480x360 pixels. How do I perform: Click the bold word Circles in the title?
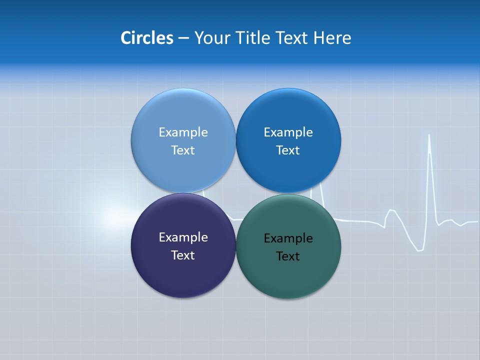click(147, 38)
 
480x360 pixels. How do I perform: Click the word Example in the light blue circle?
click(183, 132)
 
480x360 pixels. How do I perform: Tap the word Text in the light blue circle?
click(183, 150)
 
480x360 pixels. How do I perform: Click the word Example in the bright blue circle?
click(288, 132)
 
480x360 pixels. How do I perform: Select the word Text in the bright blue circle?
click(288, 150)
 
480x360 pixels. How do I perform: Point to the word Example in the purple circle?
click(183, 237)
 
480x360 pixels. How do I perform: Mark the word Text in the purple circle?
click(183, 255)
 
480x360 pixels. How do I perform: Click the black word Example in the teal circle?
click(288, 238)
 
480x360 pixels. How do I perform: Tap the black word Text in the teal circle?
click(288, 256)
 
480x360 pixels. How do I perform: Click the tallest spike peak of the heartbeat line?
click(429, 135)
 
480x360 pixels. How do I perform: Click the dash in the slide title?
click(183, 38)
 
